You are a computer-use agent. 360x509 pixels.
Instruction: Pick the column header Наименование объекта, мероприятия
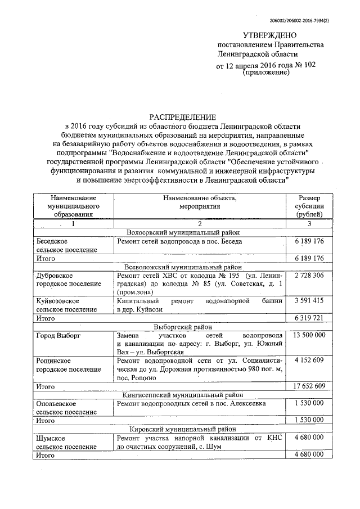click(200, 202)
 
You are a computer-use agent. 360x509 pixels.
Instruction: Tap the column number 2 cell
click(200, 224)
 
